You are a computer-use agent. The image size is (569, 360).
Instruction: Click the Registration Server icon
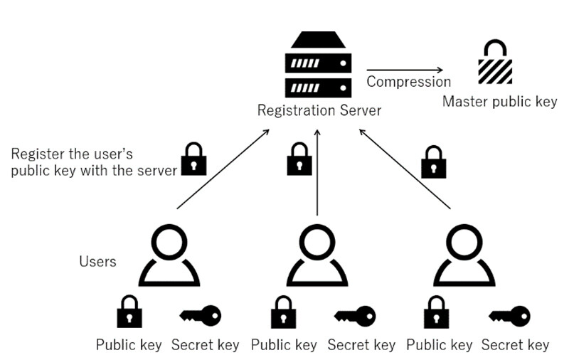(318, 65)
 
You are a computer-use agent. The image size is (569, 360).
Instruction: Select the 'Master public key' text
(499, 102)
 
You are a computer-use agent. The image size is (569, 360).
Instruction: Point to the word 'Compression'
(408, 82)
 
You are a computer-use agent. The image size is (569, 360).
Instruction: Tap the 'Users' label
(97, 262)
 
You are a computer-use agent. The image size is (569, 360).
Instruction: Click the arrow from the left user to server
(223, 169)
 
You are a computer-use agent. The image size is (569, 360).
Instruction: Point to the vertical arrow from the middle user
(317, 171)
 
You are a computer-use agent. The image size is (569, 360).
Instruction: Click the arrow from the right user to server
(405, 169)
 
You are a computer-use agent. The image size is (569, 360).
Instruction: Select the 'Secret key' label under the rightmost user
(515, 346)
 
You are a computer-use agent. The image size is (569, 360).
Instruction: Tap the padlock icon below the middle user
(283, 313)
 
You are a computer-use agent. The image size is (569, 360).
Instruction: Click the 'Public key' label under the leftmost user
(129, 346)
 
